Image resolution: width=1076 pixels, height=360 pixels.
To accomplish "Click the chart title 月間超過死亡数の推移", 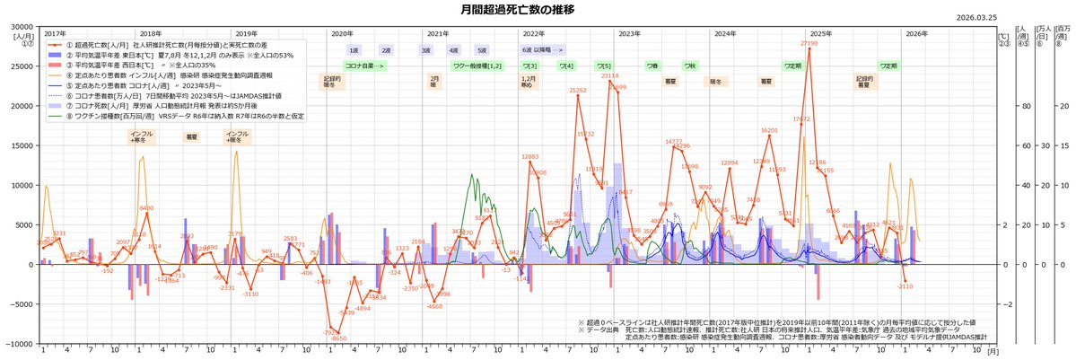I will tap(536, 10).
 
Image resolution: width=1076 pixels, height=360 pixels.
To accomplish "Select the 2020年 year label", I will tap(342, 33).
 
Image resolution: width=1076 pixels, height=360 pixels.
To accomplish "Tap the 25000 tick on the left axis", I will tap(19, 66).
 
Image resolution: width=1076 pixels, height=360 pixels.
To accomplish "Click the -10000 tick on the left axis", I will tap(17, 344).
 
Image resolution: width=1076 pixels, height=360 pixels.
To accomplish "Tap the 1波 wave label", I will tap(354, 51).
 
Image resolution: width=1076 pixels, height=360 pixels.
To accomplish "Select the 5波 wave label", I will tap(482, 51).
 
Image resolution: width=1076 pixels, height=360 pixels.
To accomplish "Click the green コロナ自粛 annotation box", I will tap(365, 66).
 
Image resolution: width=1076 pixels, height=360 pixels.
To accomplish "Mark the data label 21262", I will tap(578, 91).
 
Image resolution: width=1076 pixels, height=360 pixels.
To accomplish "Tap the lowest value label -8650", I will tap(339, 338).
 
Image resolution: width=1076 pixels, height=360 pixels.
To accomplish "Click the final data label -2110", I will tap(905, 285).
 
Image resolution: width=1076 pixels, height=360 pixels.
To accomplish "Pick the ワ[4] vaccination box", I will tap(566, 66).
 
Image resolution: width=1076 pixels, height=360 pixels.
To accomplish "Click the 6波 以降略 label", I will tap(544, 51).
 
